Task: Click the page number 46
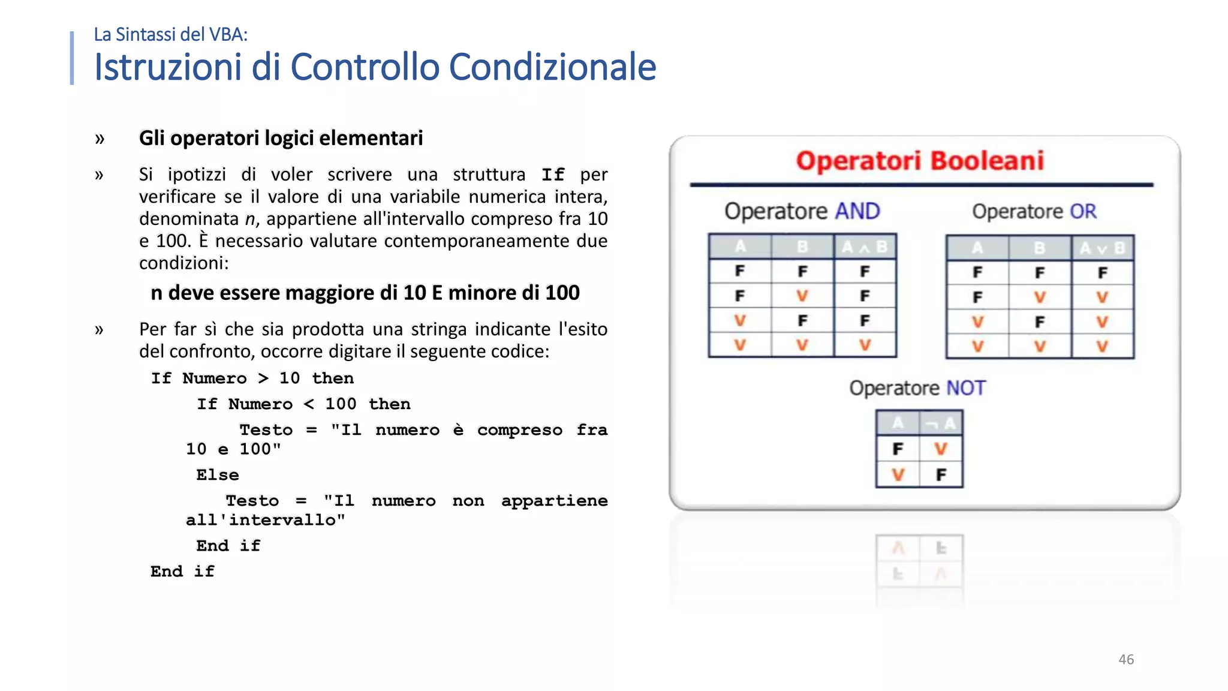point(1125,659)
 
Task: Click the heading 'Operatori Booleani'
point(920,161)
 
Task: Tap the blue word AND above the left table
point(857,211)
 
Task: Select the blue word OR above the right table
point(1083,211)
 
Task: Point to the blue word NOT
point(965,388)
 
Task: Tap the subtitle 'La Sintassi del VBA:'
point(170,35)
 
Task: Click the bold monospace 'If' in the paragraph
point(552,175)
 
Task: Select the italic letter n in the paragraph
point(250,219)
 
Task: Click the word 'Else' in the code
point(217,475)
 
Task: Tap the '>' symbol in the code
point(263,378)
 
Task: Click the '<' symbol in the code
point(309,404)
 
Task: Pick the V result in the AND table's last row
point(865,345)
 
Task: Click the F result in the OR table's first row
point(1102,273)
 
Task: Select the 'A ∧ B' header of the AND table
point(865,247)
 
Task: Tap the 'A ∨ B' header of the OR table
point(1102,248)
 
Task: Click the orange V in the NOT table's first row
point(940,449)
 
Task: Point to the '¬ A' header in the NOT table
point(940,423)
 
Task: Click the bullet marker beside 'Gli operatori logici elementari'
point(100,139)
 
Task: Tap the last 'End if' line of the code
point(182,572)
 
